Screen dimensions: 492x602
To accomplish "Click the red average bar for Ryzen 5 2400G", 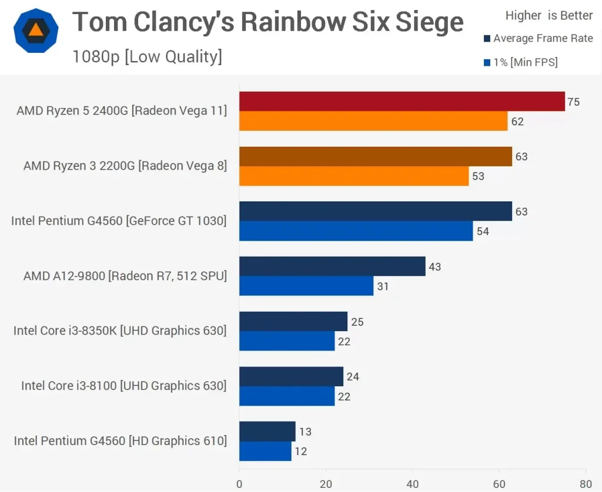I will [x=402, y=102].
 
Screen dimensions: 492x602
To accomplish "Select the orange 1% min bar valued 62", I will [x=373, y=122].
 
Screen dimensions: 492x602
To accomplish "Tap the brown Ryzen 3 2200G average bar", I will [x=375, y=157].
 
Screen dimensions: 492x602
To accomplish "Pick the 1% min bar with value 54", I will [x=356, y=231].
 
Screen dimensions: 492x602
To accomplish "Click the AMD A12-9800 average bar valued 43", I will [x=332, y=267].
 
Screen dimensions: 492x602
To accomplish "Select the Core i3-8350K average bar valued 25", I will [x=293, y=322].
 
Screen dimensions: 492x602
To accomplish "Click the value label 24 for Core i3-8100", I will [x=353, y=377].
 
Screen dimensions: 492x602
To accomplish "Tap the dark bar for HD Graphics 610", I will [x=267, y=432].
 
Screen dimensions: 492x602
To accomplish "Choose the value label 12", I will [x=301, y=451].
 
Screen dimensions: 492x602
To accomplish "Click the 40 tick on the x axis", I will [x=413, y=484].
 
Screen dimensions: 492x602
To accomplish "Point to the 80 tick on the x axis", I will [x=586, y=484].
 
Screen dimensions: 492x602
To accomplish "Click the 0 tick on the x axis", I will [x=239, y=484].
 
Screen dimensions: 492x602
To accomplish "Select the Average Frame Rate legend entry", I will [x=538, y=39].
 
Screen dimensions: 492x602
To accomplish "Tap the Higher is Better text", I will [x=549, y=16].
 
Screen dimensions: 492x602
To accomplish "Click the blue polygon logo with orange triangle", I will [x=36, y=31].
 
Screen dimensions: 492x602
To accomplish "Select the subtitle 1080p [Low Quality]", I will [x=147, y=57].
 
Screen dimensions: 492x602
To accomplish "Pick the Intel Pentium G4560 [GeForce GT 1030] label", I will [x=119, y=221].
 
